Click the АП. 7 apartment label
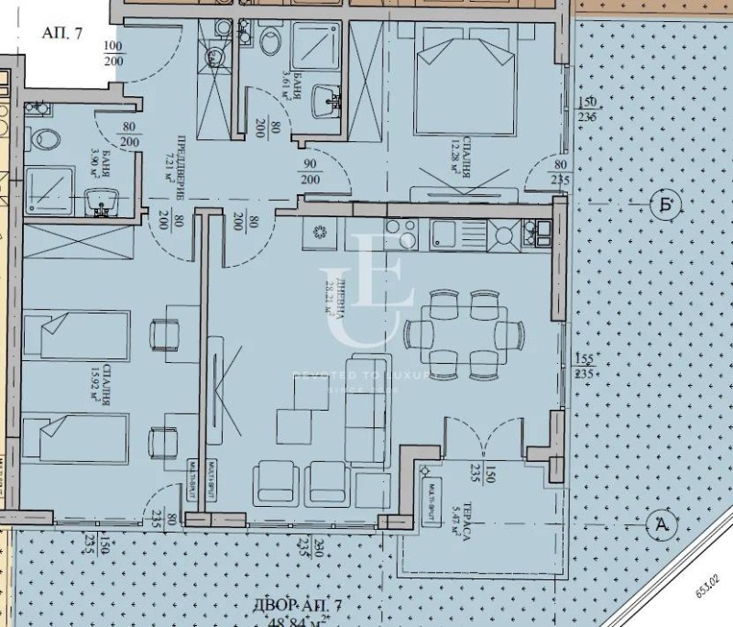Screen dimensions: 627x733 click(62, 33)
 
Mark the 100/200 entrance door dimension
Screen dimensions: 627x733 click(113, 53)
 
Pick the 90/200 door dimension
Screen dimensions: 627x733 click(310, 172)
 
